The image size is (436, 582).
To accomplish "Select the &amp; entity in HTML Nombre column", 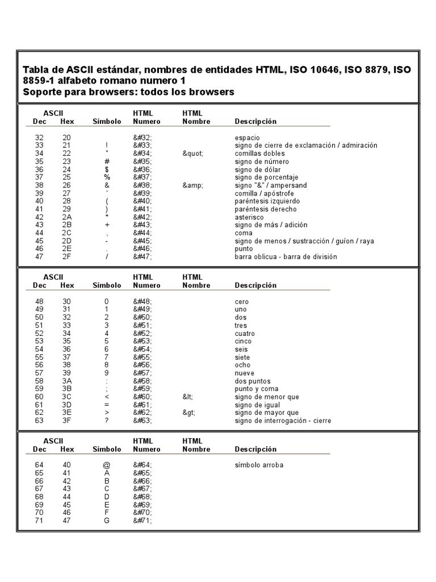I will (192, 185).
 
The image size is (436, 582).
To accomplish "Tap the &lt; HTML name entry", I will (188, 397).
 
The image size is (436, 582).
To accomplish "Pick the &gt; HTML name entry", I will (188, 413).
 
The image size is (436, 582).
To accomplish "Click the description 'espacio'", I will (248, 138).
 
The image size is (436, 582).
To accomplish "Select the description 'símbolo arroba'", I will (259, 465).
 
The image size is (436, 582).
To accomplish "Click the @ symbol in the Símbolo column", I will (107, 465).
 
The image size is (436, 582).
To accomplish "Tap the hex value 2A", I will (67, 217).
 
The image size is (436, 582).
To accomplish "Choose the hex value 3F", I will (67, 421).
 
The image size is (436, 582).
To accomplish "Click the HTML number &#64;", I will (142, 465).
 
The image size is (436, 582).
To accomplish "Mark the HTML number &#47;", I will (142, 257).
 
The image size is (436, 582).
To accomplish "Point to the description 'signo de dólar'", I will (257, 169).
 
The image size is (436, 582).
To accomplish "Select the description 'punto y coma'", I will (256, 389).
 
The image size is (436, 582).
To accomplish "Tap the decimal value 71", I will (39, 521).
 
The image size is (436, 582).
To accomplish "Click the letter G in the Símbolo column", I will (107, 521).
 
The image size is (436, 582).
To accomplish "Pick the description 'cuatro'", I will (245, 333).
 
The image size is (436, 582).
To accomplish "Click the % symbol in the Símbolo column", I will (107, 177).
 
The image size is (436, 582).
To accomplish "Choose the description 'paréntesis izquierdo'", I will (267, 201).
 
